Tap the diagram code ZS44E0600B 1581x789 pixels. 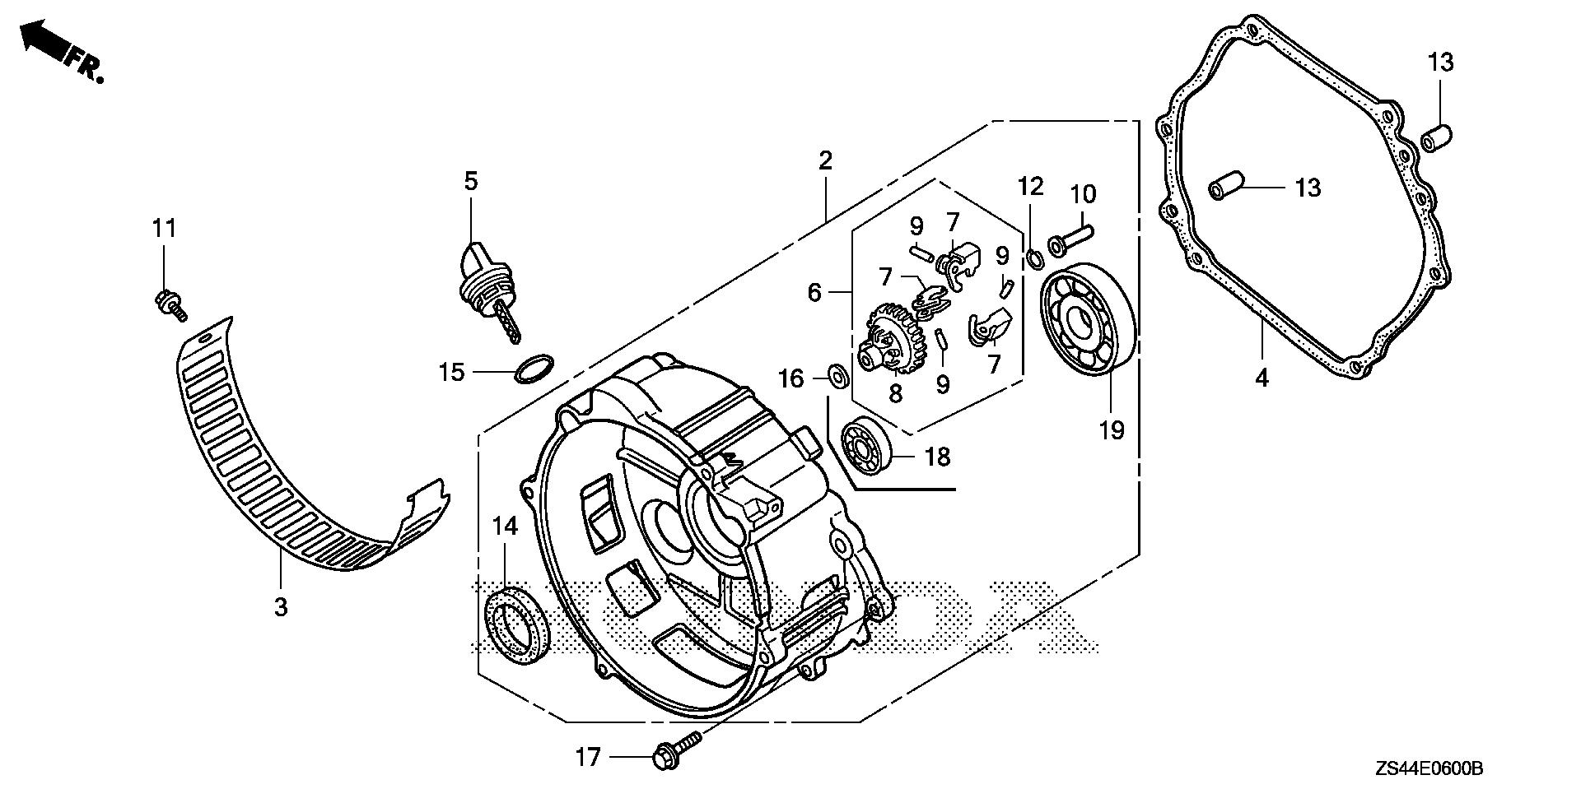tap(1428, 768)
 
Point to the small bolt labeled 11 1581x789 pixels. tap(170, 304)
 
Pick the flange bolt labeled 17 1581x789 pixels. tap(675, 748)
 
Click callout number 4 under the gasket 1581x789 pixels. tap(1262, 379)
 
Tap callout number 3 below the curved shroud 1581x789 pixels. tap(281, 607)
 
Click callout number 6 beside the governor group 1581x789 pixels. tap(814, 292)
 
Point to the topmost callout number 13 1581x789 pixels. tap(1440, 62)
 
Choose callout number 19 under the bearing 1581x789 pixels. tap(1112, 429)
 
